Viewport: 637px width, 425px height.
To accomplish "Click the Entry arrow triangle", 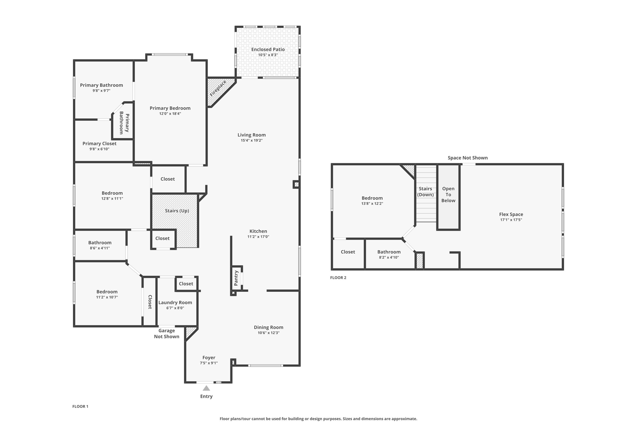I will click(206, 388).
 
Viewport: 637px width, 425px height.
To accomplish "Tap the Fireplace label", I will click(218, 88).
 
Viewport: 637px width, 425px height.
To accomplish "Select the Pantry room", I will click(236, 278).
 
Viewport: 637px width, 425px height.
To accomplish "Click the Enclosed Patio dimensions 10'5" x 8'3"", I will click(268, 55).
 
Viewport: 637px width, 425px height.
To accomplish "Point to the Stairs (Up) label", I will click(177, 211).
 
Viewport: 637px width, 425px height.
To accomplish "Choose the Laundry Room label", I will click(175, 303).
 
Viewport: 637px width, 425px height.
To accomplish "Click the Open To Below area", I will click(448, 195).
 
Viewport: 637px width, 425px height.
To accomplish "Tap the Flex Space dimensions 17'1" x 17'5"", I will click(511, 220).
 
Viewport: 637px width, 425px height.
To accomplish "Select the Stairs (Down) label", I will click(425, 191).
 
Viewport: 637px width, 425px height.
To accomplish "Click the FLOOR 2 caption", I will click(338, 278).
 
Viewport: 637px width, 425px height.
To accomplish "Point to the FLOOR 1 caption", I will click(80, 406).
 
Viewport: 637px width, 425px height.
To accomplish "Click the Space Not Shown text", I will click(467, 158).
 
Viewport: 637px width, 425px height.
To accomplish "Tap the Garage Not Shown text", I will click(167, 333).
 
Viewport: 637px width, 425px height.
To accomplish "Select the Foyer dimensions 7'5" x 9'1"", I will click(209, 363).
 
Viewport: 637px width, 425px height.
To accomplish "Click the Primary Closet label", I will click(100, 144).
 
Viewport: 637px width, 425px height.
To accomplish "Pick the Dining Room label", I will click(268, 327).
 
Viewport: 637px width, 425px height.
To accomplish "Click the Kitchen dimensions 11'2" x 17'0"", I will click(258, 237).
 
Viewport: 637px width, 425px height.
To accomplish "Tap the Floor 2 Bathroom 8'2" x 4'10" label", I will click(389, 252).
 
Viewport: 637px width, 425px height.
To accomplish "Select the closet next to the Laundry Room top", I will click(186, 284).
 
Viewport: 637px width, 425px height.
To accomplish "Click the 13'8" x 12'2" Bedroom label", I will click(372, 198).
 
